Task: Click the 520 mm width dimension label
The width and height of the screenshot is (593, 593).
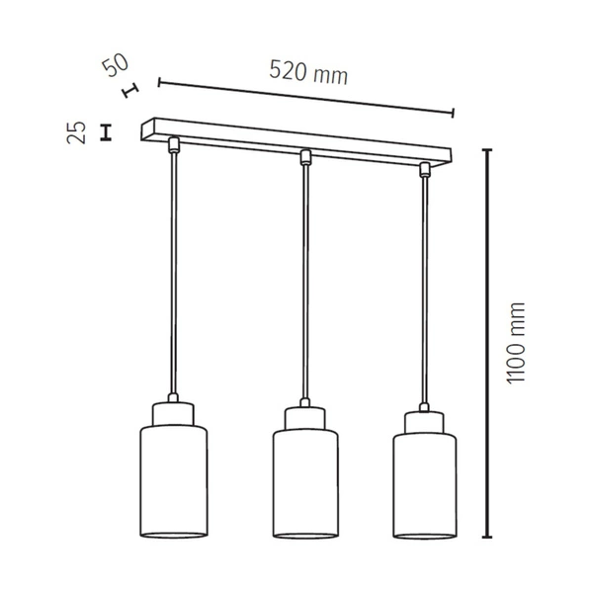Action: (x=308, y=72)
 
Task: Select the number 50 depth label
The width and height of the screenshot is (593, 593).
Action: (x=117, y=66)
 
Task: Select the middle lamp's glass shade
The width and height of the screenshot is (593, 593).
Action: (x=306, y=485)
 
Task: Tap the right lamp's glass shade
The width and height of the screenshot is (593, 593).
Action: (x=426, y=485)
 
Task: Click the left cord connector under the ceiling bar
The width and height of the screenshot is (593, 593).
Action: (x=174, y=145)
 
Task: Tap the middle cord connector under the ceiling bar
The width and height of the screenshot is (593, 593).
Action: (x=305, y=156)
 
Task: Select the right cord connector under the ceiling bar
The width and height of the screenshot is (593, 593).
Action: (x=425, y=167)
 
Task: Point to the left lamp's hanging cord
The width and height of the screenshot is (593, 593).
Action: (x=175, y=277)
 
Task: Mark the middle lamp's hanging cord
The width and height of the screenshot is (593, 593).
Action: (x=306, y=287)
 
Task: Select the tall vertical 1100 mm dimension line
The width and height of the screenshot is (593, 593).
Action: (x=486, y=343)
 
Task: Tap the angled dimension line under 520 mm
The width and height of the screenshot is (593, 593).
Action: (x=305, y=97)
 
